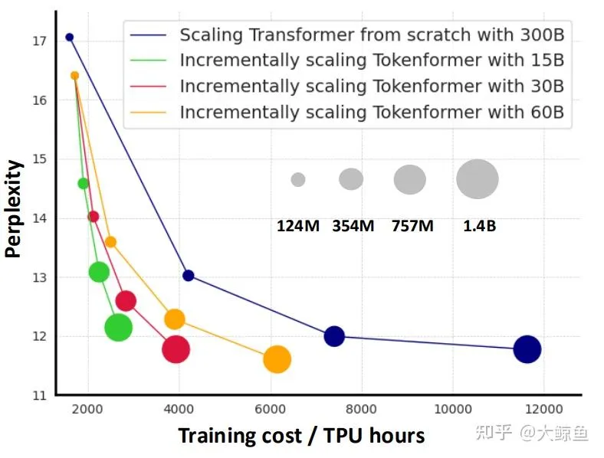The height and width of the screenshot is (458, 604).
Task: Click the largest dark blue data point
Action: point(527,349)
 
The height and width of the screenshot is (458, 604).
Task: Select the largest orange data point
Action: point(277,359)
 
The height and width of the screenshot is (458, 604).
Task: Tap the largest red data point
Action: point(176,349)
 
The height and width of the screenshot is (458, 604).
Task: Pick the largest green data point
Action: point(118,328)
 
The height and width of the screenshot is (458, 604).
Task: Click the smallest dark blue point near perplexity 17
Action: point(69,37)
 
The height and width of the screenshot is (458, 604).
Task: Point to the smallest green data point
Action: point(83,183)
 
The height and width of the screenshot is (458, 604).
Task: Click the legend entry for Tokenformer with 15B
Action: point(371,61)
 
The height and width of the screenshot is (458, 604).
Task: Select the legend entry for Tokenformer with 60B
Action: point(371,113)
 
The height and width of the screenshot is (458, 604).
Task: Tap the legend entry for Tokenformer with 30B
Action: point(371,87)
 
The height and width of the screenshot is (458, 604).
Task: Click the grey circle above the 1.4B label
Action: point(477,178)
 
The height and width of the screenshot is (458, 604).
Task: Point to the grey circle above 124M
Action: point(298,179)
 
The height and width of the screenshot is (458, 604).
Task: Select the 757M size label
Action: point(412,226)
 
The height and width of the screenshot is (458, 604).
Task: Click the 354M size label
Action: point(353,226)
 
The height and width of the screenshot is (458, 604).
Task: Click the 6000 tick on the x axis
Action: point(271,407)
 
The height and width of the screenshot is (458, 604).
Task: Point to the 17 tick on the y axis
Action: point(40,41)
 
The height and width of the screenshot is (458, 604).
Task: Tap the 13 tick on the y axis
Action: point(40,277)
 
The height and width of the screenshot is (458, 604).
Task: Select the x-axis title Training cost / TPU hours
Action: point(301,436)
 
